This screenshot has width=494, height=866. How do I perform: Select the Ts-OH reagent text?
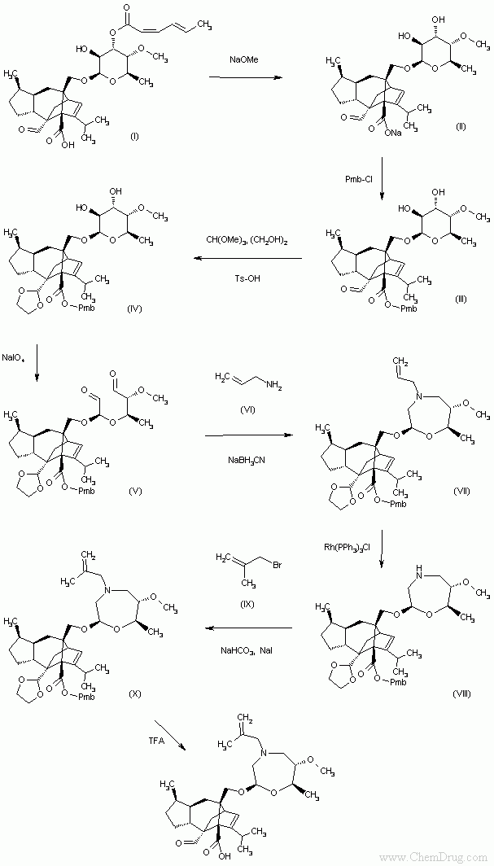245,278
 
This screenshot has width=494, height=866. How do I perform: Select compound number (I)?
135,135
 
